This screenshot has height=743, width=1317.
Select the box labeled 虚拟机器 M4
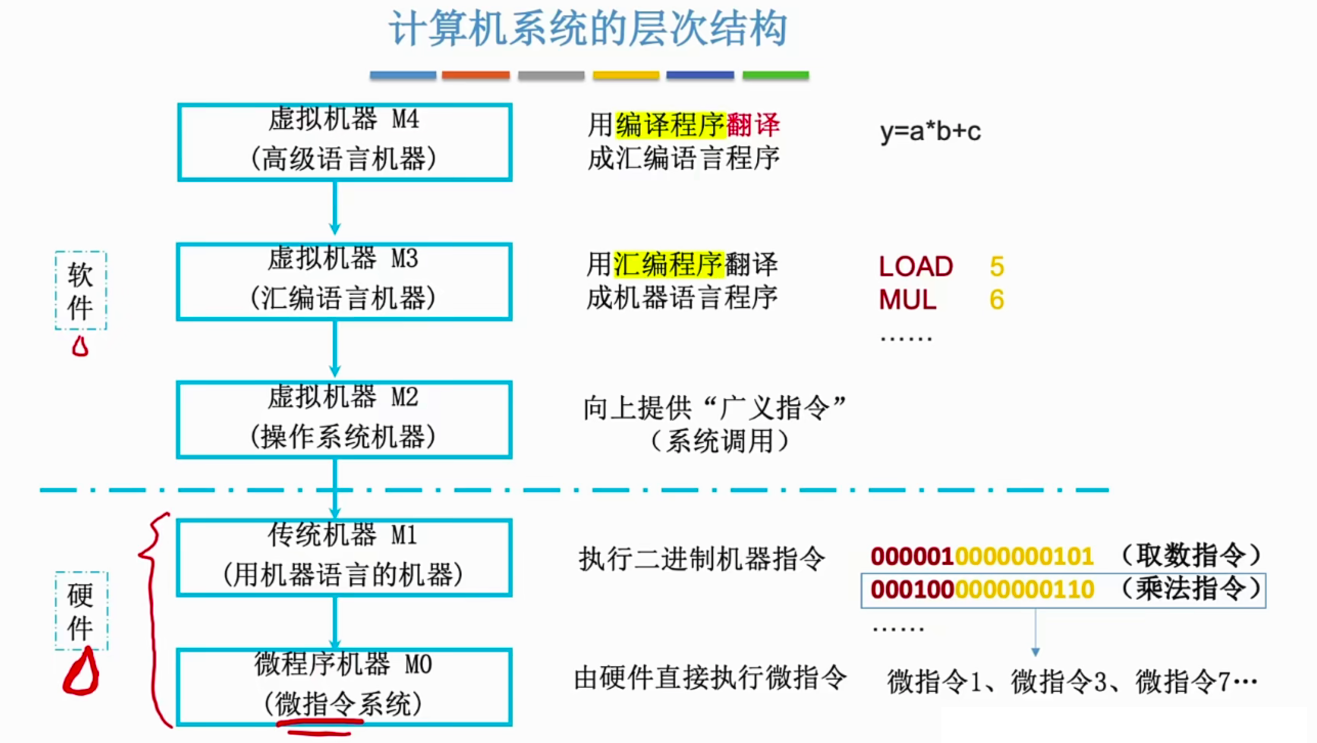point(344,142)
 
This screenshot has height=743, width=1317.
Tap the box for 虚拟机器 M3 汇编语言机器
point(344,281)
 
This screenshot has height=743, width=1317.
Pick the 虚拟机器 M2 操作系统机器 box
point(344,420)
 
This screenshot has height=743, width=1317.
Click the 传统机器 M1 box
point(344,558)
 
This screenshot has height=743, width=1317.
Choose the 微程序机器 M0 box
point(344,687)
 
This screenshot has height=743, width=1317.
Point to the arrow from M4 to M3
point(335,210)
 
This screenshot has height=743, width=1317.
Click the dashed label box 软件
point(81,290)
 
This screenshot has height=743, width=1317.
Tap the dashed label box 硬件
point(81,611)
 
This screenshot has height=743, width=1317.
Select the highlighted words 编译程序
point(670,125)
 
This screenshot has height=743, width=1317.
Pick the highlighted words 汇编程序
point(668,265)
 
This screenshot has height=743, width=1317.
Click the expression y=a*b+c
point(930,132)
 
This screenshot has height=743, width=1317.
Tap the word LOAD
point(915,267)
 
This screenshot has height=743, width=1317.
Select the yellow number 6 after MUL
point(996,299)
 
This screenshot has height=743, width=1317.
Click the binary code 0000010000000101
point(982,556)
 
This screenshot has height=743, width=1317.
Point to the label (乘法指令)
point(1191,589)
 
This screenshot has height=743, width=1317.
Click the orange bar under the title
point(475,75)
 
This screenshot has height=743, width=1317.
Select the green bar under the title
point(775,75)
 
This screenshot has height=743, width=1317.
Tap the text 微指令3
point(1058,682)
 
